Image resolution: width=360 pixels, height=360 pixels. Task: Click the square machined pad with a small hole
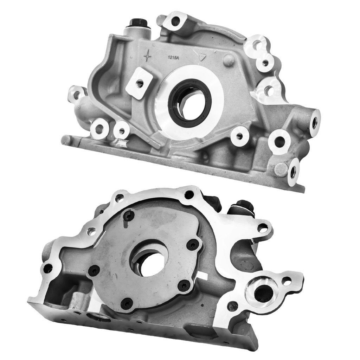140,83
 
